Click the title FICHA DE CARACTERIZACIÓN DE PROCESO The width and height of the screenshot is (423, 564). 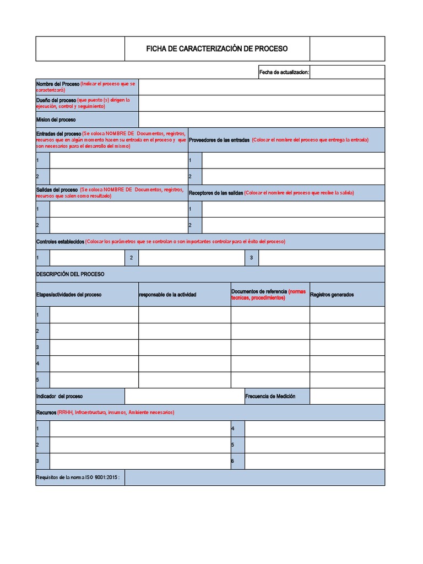(x=216, y=49)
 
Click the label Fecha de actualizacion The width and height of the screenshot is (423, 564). (x=284, y=72)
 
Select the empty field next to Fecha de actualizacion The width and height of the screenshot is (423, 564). (x=347, y=72)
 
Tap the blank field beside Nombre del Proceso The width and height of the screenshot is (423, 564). (x=262, y=87)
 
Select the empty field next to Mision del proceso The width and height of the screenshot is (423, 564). (x=262, y=120)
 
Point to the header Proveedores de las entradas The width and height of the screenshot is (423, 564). (x=219, y=140)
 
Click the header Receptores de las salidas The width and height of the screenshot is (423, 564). (x=216, y=193)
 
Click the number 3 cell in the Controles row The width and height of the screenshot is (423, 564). (x=251, y=258)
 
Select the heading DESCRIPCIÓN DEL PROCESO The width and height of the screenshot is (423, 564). (x=70, y=274)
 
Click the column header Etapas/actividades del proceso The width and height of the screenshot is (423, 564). (x=69, y=295)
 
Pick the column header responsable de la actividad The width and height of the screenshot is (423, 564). (x=167, y=295)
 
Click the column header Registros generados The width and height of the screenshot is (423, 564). (x=332, y=295)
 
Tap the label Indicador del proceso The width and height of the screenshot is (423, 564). (x=59, y=397)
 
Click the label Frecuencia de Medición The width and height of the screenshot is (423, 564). (x=270, y=397)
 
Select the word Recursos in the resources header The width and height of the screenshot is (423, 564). (x=46, y=413)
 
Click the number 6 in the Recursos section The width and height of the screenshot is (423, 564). (x=233, y=461)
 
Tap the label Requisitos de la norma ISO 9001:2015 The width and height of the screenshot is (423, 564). (x=78, y=478)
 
